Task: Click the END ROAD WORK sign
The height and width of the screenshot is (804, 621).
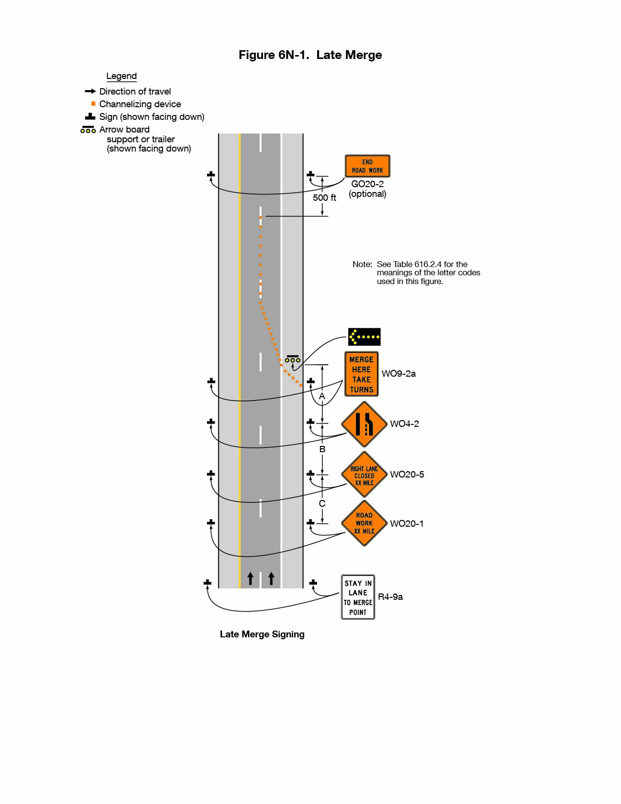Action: coord(367,166)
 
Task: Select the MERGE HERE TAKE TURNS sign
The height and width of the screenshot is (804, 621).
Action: coord(361,374)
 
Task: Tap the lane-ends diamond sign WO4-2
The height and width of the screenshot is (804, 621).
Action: coord(364,424)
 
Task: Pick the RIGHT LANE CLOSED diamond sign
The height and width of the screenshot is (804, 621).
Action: coord(364,475)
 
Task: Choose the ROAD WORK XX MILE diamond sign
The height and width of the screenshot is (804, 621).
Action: coord(364,523)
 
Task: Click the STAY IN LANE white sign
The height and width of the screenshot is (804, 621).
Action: coord(358,597)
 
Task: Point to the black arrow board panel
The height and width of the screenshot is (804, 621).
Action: coord(364,337)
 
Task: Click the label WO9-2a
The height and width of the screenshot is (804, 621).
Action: coord(398,374)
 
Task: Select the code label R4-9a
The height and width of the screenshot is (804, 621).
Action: coord(390,597)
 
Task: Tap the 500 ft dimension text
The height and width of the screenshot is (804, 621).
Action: coord(324,198)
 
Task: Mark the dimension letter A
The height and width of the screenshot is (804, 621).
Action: coord(322,397)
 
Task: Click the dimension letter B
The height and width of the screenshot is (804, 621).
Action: coord(322,449)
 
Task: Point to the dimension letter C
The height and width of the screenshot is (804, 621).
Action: coord(322,504)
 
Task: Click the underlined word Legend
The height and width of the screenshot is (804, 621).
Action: coord(121,76)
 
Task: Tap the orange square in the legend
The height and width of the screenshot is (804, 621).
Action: coord(93,104)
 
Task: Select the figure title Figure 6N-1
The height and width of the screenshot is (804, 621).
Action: coord(310,55)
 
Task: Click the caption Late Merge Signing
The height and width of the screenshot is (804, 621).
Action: coord(262,634)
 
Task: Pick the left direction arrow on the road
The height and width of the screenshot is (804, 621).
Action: coord(250,578)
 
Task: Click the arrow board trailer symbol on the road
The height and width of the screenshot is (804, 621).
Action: coord(293,359)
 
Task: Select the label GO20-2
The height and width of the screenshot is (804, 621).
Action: coord(367,184)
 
